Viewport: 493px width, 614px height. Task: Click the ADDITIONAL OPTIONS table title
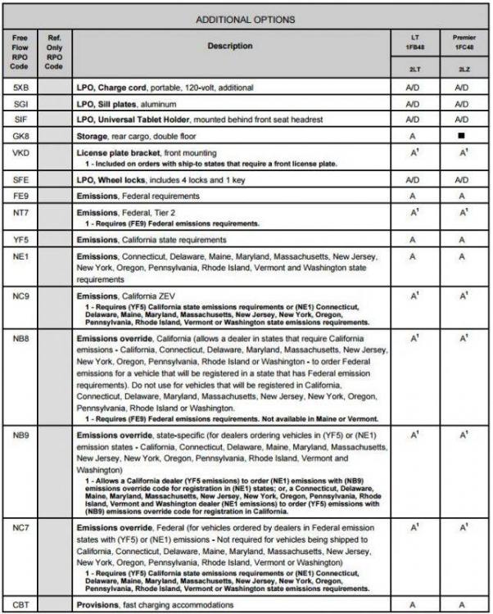pyautogui.click(x=246, y=19)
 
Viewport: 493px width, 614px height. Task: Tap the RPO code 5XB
pyautogui.click(x=22, y=87)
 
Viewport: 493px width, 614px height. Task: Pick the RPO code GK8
pyautogui.click(x=22, y=136)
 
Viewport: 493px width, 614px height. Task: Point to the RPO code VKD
pyautogui.click(x=22, y=152)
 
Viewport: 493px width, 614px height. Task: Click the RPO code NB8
pyautogui.click(x=22, y=337)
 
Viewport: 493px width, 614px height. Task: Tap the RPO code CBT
pyautogui.click(x=22, y=604)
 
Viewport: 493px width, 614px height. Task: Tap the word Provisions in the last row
pyautogui.click(x=100, y=604)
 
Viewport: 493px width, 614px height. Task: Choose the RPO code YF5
pyautogui.click(x=22, y=240)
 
